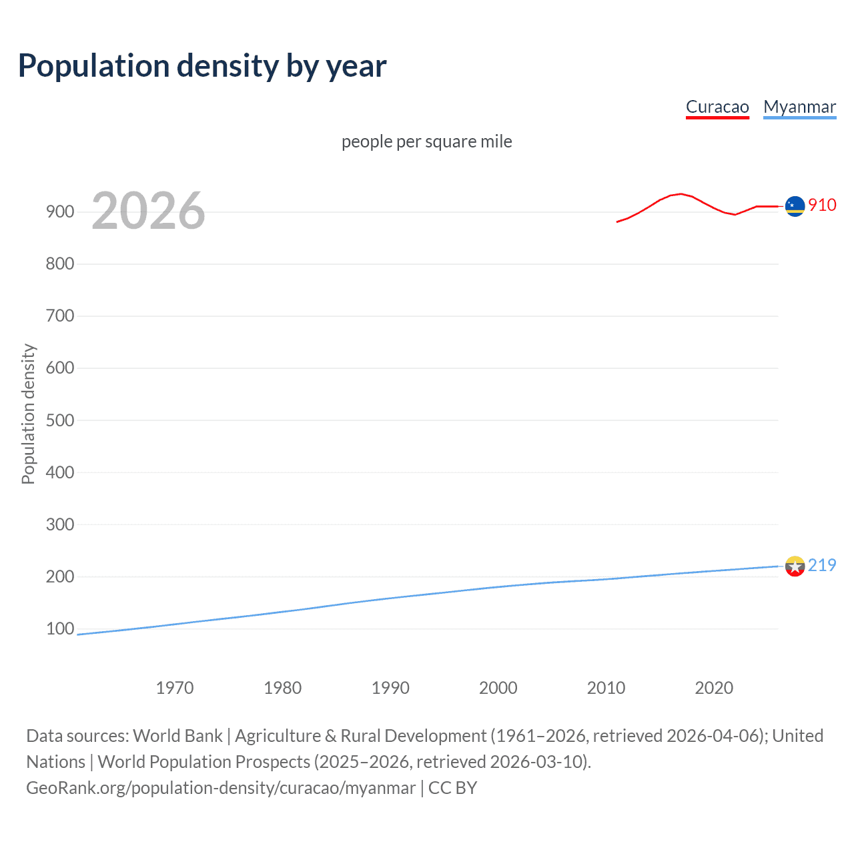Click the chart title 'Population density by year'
tap(202, 66)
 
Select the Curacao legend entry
tap(717, 107)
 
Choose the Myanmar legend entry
tap(799, 107)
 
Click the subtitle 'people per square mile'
tap(426, 142)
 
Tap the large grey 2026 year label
tap(148, 211)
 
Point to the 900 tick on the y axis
tap(60, 212)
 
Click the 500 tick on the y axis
tap(60, 420)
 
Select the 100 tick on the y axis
tap(60, 628)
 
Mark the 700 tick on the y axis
tap(60, 316)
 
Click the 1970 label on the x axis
tap(175, 688)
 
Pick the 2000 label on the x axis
tap(498, 688)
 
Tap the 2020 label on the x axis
tap(714, 688)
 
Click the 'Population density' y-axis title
tap(28, 414)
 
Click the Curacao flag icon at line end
tap(795, 207)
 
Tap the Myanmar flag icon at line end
tap(795, 566)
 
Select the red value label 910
tap(822, 205)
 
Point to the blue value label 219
tap(822, 566)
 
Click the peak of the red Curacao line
tap(680, 193)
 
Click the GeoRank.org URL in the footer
tap(221, 788)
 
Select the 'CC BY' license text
tap(452, 788)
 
